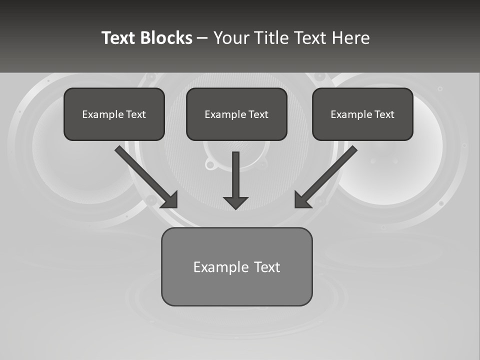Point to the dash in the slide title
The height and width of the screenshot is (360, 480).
click(x=203, y=38)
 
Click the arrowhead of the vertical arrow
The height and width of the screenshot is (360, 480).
click(x=235, y=202)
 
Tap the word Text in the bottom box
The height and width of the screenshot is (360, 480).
click(x=267, y=267)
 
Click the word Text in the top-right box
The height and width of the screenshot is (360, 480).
click(x=384, y=114)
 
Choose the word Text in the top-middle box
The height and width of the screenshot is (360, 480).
click(x=258, y=114)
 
